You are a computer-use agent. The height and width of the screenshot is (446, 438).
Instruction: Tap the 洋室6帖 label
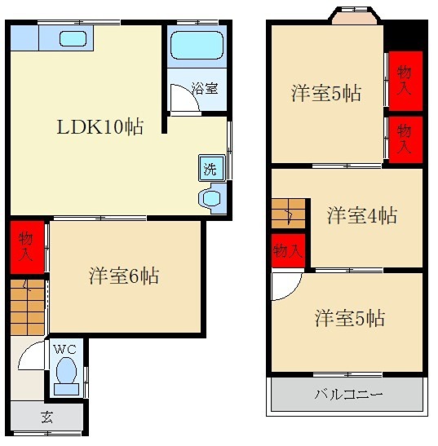click(124, 276)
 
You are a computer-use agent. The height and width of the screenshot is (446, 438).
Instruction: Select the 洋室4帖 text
click(362, 216)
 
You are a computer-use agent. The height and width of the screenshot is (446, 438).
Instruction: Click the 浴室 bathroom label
click(204, 88)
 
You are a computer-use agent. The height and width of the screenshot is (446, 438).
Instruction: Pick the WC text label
click(64, 349)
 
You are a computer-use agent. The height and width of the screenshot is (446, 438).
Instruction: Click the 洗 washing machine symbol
click(210, 170)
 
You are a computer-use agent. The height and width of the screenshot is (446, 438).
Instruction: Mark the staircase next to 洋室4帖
click(287, 214)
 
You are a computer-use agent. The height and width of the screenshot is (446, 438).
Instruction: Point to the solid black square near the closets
click(405, 37)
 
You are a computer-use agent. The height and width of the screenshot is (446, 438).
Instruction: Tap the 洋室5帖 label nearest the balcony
click(349, 318)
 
